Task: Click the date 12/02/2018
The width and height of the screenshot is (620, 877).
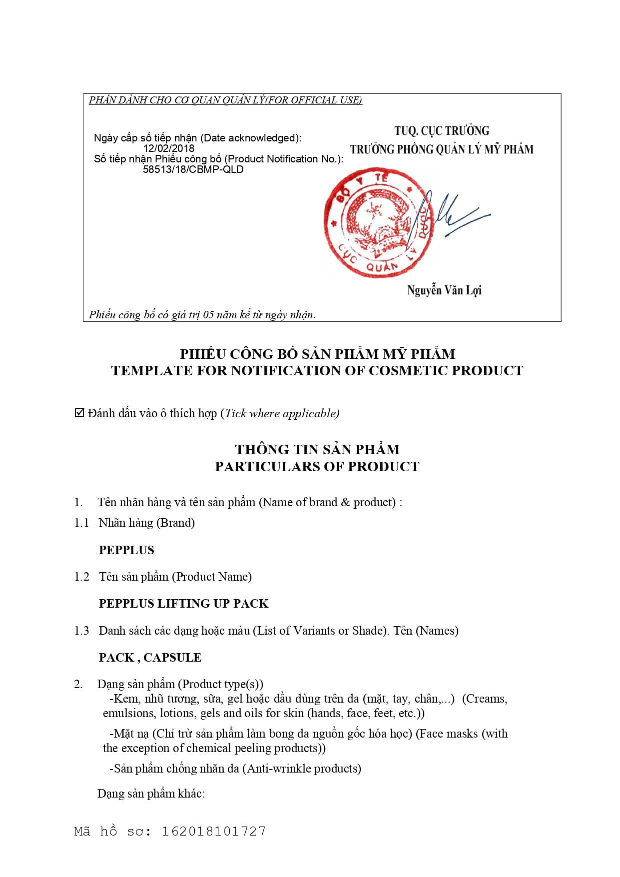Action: (168, 148)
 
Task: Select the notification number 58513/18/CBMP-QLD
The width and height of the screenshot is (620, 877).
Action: (193, 169)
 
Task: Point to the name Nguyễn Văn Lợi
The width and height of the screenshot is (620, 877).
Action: (444, 290)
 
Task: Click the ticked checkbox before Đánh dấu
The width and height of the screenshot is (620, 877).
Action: (79, 413)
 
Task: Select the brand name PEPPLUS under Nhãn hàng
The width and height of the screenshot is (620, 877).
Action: (126, 550)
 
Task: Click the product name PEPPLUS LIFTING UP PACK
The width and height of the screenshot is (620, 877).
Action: (183, 604)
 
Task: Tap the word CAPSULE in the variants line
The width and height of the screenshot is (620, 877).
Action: (172, 658)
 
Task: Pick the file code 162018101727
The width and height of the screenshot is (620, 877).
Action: (213, 832)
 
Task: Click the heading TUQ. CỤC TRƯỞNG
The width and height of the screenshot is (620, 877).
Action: (442, 131)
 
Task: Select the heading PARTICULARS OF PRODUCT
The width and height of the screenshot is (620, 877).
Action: (317, 467)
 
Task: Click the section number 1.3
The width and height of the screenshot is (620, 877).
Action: (81, 631)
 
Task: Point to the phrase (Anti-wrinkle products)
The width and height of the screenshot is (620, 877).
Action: (302, 769)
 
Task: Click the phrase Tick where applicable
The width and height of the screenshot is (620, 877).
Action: (281, 413)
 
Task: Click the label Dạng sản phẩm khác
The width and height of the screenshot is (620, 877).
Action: (151, 794)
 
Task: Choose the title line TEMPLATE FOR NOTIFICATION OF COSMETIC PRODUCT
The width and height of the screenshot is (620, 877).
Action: (317, 371)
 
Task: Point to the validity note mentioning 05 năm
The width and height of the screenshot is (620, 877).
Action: (202, 315)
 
